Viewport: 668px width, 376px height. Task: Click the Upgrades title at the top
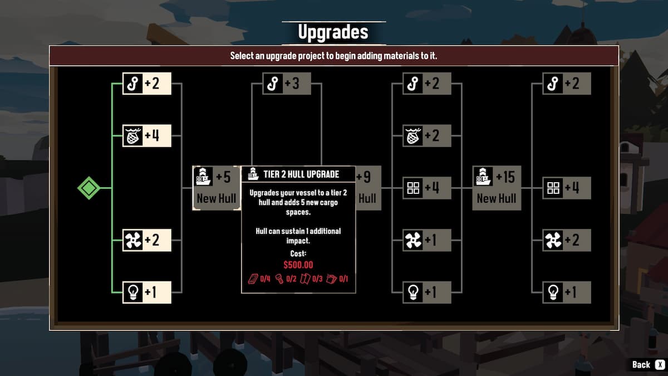click(x=333, y=32)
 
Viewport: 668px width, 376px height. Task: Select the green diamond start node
click(x=89, y=188)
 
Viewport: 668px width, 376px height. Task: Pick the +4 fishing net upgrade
click(x=147, y=135)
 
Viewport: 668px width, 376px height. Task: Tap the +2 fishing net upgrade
click(x=427, y=135)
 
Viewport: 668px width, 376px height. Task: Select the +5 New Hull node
click(x=216, y=188)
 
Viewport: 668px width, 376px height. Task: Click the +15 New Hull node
click(x=497, y=188)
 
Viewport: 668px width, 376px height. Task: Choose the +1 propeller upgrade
click(x=427, y=240)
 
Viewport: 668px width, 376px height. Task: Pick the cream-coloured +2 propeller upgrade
click(x=147, y=240)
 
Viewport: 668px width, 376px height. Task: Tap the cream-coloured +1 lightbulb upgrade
click(x=147, y=292)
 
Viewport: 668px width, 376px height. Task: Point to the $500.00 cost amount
click(x=298, y=265)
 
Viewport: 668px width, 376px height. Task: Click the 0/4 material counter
click(x=259, y=279)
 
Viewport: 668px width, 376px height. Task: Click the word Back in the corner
click(x=641, y=364)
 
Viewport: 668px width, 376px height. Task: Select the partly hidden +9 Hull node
click(x=368, y=188)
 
